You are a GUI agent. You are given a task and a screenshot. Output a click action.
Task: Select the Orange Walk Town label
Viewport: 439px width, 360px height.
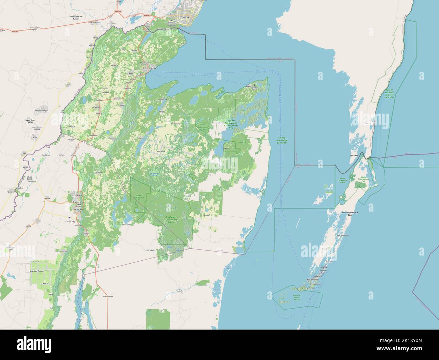tap(77, 203)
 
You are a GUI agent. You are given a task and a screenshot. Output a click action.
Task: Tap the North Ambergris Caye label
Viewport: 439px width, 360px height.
tap(350, 214)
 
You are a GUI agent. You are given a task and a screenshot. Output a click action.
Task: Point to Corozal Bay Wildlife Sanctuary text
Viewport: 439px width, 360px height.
tap(282, 140)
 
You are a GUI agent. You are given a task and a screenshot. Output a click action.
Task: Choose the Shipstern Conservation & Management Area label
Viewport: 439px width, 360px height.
tap(235, 124)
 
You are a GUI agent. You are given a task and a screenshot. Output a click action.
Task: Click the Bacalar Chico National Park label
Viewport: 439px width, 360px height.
tap(363, 179)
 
